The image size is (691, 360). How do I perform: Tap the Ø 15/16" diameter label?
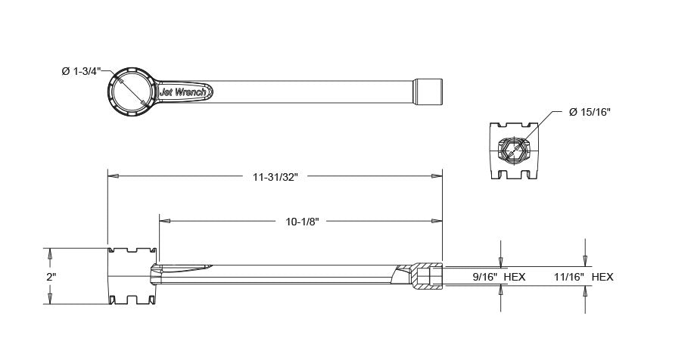coord(590,112)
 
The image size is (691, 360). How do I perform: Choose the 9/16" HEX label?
coord(499,278)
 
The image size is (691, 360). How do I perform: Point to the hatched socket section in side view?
coord(425,277)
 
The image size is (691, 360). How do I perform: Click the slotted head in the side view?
coord(132,276)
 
